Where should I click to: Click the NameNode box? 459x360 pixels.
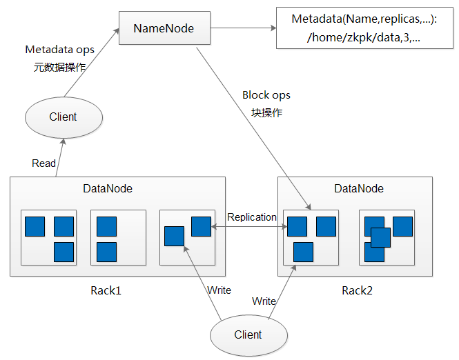tap(163, 28)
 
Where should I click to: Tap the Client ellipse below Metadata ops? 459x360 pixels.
tap(64, 117)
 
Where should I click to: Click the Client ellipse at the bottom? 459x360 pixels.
tap(248, 335)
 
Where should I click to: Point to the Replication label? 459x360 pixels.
tap(252, 217)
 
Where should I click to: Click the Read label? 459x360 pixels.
tap(44, 163)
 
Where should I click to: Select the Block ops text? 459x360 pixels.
tap(266, 95)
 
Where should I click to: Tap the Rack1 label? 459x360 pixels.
tap(106, 290)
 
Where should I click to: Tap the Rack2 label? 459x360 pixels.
tap(357, 290)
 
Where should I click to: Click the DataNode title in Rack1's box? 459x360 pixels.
tap(108, 188)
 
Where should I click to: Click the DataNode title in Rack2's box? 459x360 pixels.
tap(359, 188)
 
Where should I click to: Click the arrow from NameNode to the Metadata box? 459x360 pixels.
tap(244, 28)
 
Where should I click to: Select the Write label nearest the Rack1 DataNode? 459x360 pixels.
tap(219, 290)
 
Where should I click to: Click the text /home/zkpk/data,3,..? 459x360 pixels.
tap(363, 38)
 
